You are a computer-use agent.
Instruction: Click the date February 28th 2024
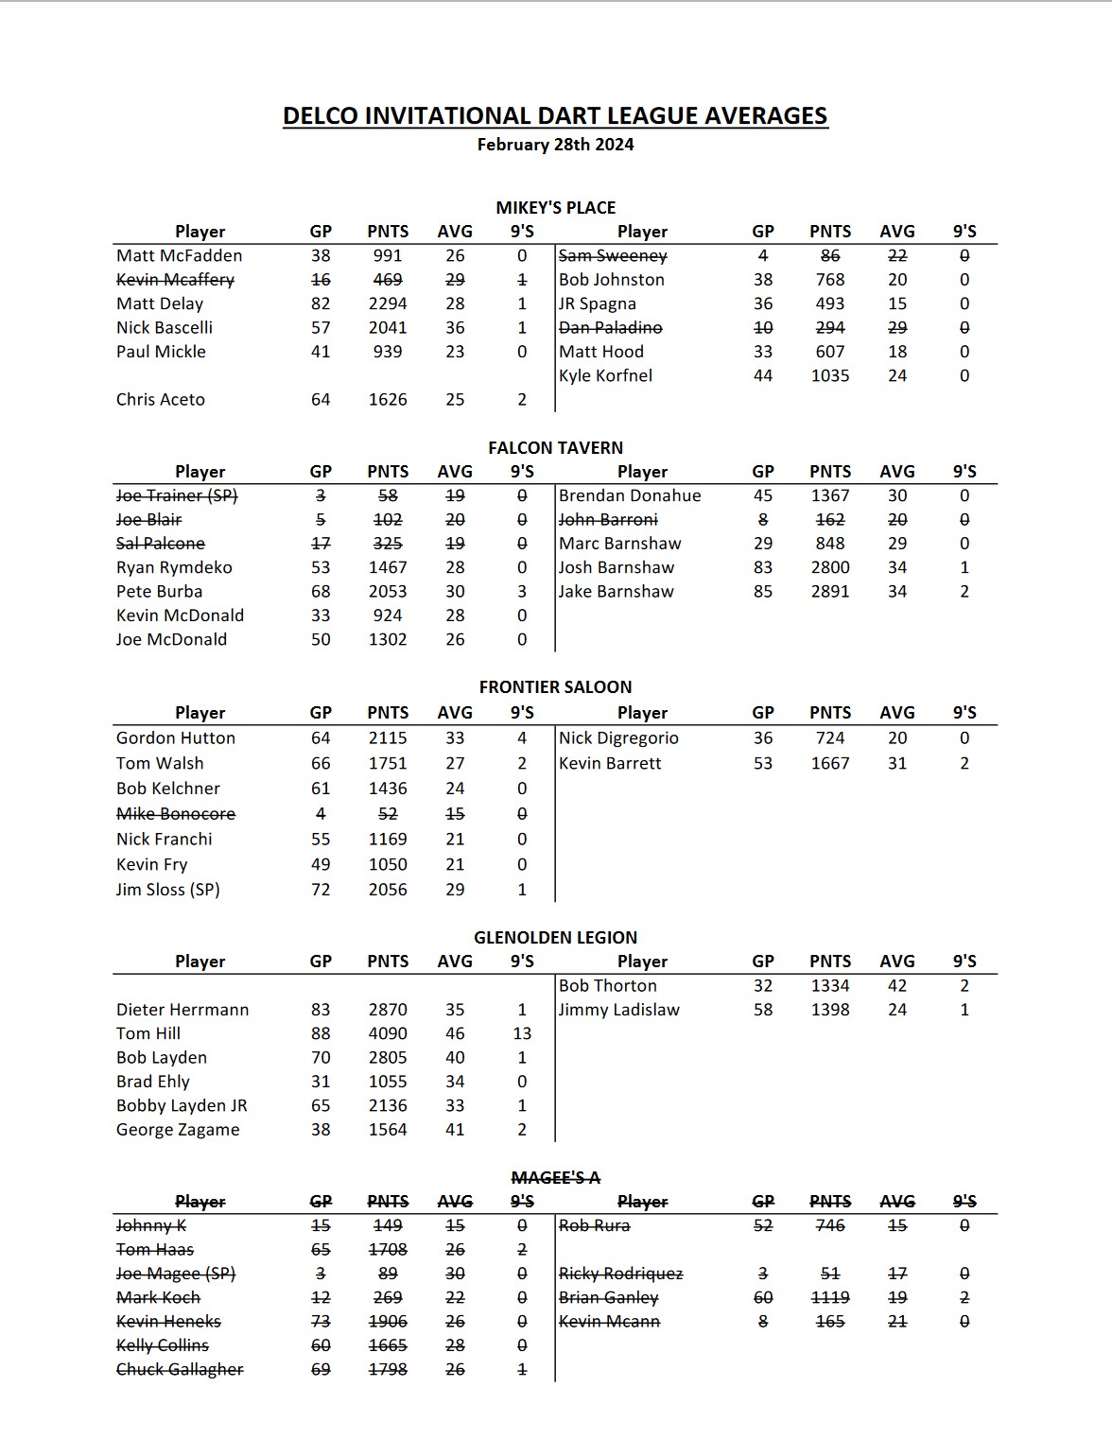point(555,145)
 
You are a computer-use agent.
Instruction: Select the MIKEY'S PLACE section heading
point(555,208)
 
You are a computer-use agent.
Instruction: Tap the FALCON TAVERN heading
point(555,448)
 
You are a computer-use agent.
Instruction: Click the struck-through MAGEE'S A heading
point(555,1178)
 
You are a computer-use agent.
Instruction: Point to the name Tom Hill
point(148,1033)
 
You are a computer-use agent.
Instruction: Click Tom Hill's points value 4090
point(388,1033)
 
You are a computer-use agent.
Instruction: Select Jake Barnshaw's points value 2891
point(830,592)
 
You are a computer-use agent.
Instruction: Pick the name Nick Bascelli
point(165,328)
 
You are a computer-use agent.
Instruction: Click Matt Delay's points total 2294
point(388,303)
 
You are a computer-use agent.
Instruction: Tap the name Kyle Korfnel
point(605,375)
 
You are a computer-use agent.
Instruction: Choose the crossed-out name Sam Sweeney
point(613,256)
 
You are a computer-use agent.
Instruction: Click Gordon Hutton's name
point(176,738)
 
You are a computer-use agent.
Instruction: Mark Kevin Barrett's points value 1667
point(830,763)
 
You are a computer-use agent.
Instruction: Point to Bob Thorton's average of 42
point(897,985)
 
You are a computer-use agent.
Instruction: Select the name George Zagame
point(178,1130)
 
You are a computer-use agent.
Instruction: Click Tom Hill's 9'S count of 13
point(522,1033)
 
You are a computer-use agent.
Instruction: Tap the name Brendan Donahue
point(630,495)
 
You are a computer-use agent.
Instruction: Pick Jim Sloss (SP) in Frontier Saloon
point(168,890)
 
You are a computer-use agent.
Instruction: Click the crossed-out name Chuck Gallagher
point(180,1369)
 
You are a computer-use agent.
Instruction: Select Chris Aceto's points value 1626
point(388,400)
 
